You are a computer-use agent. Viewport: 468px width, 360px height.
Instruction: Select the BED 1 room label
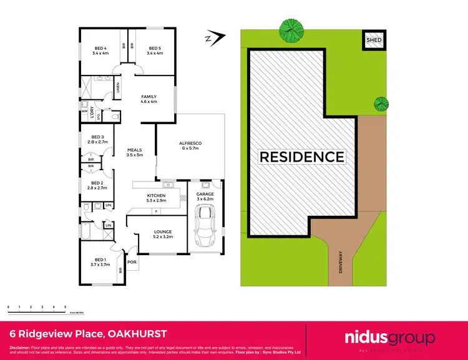[100, 261]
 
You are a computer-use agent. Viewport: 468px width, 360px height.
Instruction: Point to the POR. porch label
[132, 262]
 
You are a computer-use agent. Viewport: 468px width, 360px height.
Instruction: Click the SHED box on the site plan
[374, 40]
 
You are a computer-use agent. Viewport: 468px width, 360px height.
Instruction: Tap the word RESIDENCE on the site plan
[302, 157]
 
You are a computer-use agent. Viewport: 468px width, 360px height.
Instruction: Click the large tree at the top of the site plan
[291, 27]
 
